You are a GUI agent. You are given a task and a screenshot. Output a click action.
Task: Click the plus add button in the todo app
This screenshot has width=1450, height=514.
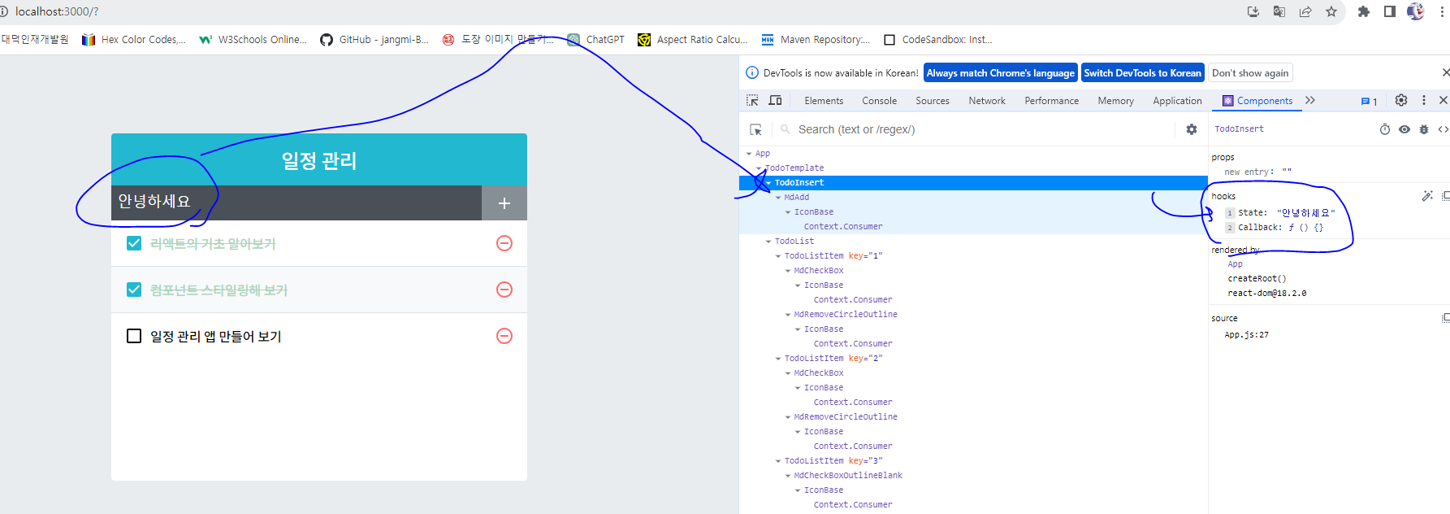504,203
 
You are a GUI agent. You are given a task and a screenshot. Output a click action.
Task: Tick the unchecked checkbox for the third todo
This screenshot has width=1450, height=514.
134,336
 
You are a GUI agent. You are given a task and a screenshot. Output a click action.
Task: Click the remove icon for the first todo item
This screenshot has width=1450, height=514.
504,243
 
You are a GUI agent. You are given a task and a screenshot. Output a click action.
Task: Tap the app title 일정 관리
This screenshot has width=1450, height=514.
319,160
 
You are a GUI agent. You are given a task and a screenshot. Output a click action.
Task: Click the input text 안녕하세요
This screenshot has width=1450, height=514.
154,202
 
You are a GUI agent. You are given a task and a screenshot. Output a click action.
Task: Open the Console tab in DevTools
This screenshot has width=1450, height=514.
879,101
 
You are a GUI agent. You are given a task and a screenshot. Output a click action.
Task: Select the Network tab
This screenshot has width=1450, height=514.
986,101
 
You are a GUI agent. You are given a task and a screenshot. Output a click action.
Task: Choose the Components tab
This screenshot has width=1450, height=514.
1263,101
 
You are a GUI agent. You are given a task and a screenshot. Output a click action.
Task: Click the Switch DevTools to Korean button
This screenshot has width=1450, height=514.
1142,73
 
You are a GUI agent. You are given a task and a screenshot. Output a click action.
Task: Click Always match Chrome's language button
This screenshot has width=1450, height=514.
1000,73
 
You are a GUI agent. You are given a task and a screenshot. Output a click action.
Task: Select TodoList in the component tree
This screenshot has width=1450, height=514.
794,242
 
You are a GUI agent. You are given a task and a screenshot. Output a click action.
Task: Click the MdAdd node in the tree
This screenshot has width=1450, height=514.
796,198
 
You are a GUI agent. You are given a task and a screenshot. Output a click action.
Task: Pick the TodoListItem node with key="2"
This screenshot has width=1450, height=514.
832,359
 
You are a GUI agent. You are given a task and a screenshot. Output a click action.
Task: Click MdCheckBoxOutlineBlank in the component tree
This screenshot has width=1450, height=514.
847,476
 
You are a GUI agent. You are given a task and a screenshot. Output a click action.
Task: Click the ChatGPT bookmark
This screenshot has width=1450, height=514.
604,39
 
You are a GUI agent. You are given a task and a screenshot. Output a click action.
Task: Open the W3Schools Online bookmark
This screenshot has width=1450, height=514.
262,39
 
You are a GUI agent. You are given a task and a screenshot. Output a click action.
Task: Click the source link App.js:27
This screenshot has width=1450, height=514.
1246,335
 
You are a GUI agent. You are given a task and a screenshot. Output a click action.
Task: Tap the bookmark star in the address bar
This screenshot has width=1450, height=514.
1331,11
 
